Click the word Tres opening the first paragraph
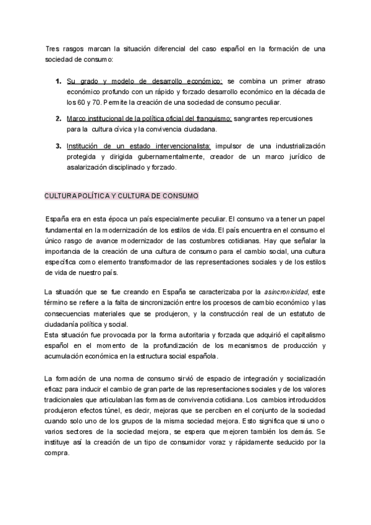click(53, 48)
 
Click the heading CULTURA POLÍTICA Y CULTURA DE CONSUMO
click(121, 196)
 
